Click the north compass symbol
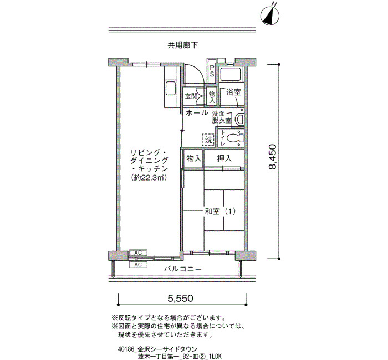point(270,16)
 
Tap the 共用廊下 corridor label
point(183,45)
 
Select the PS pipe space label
point(212,70)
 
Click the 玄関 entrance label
point(191,96)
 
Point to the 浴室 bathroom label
point(233,92)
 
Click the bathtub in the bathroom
point(231,74)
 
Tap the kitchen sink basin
point(171,89)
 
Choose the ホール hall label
point(197,113)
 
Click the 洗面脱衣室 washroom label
point(222,117)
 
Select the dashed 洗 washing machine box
point(208,140)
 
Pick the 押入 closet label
point(224,158)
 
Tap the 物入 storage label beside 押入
point(194,158)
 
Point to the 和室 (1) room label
point(220,212)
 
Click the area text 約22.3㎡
point(149,178)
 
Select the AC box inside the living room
point(138,253)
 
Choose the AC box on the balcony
point(138,265)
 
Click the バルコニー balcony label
point(183,269)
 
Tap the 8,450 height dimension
point(272,157)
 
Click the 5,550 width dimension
point(180,299)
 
